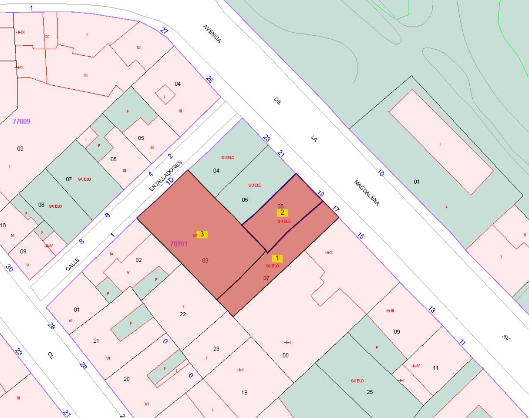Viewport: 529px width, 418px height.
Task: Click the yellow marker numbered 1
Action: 277,259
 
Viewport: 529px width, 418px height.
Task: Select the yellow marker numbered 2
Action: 282,213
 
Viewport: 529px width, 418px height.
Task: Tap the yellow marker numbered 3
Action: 202,234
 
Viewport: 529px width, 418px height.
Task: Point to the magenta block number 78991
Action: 179,244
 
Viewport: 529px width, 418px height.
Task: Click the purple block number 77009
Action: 21,121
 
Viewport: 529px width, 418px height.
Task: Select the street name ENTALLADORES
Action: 165,175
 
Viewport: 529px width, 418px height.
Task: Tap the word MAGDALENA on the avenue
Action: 367,192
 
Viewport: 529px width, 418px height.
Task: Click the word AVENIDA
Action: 212,34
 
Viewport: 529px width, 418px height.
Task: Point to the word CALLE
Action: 73,264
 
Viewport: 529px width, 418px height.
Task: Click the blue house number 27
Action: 164,30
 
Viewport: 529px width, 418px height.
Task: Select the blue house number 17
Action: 336,209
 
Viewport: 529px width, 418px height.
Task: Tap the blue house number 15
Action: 361,236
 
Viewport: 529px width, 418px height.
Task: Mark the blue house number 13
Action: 431,310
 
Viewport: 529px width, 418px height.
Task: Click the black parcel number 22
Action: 183,314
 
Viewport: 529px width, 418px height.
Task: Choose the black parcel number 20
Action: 126,379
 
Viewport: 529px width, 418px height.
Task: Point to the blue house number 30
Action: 10,268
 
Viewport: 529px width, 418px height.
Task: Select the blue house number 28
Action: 51,326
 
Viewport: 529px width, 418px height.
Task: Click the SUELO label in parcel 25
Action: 357,381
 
